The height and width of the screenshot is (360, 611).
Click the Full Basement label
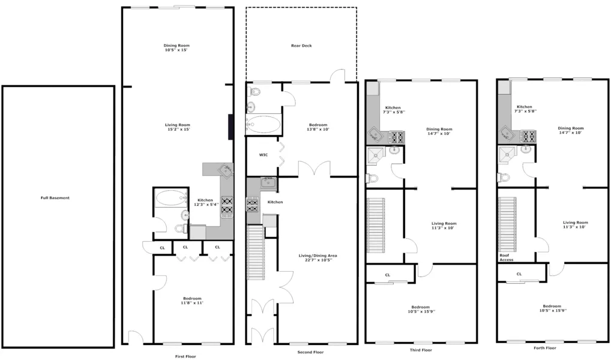click(x=55, y=198)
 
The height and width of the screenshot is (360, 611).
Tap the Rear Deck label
click(x=301, y=46)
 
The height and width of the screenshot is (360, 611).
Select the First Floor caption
click(x=181, y=356)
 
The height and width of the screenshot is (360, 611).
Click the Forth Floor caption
click(x=544, y=348)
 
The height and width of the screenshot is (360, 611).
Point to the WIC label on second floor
click(x=263, y=155)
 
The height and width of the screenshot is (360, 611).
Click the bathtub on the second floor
click(x=264, y=125)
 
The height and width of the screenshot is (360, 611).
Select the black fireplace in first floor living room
click(x=230, y=127)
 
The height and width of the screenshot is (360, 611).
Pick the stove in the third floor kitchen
click(x=396, y=137)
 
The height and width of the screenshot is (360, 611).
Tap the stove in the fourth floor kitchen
click(x=528, y=136)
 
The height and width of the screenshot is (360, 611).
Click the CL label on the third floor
click(x=388, y=275)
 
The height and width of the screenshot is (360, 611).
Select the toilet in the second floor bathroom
click(x=254, y=92)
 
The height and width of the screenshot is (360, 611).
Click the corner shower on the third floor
click(x=376, y=154)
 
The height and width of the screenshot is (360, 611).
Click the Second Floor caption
click(x=310, y=352)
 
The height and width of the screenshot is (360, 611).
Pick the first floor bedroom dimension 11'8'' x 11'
click(x=192, y=303)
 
